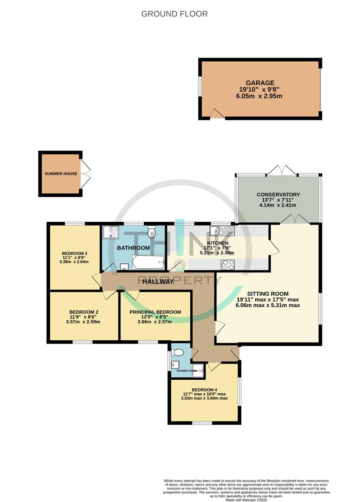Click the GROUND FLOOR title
pyautogui.click(x=174, y=14)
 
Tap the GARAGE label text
pyautogui.click(x=260, y=83)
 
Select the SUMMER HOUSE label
pyautogui.click(x=61, y=173)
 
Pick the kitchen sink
pyautogui.click(x=217, y=230)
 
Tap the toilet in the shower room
pyautogui.click(x=176, y=351)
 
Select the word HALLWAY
pyautogui.click(x=158, y=282)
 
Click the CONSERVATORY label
pyautogui.click(x=278, y=195)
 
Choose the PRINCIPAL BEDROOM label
pyautogui.click(x=155, y=312)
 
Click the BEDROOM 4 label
pyautogui.click(x=204, y=390)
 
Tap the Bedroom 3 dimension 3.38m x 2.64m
pyautogui.click(x=74, y=262)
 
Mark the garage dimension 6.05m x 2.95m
pyautogui.click(x=260, y=96)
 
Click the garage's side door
pyautogui.click(x=217, y=113)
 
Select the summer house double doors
pyautogui.click(x=86, y=174)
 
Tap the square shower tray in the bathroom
pyautogui.click(x=111, y=232)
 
